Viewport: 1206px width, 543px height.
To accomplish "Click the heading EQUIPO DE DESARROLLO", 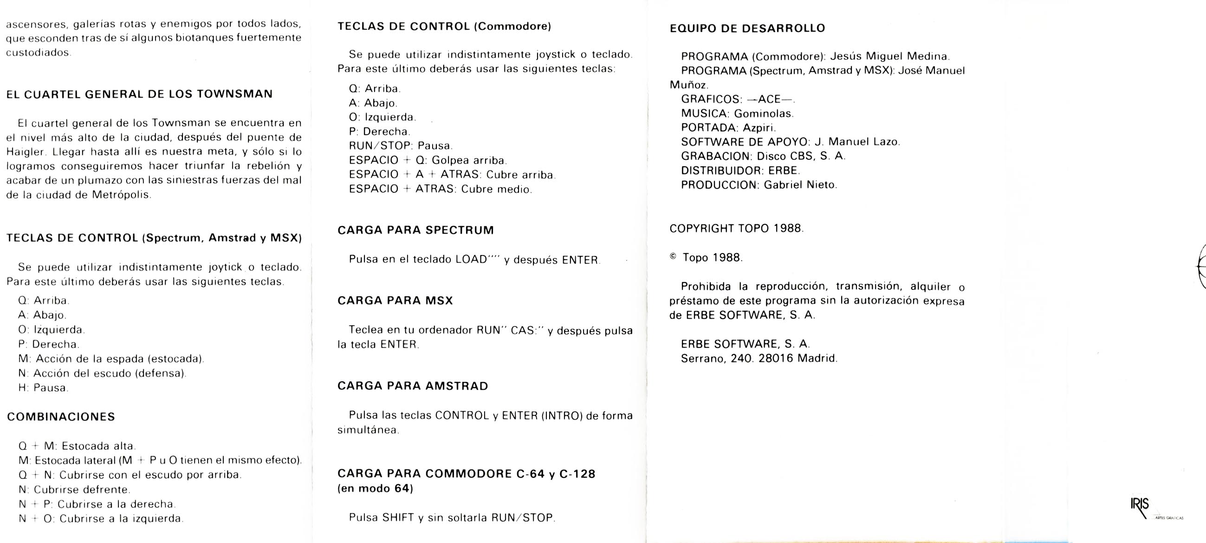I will [x=747, y=28].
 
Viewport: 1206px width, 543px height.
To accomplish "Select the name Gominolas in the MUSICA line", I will [x=763, y=113].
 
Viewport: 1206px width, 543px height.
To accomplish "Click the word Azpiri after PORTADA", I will [x=759, y=127].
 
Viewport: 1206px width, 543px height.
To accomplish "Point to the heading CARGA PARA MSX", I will [x=395, y=301].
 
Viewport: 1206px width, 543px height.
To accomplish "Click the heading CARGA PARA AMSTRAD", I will [x=413, y=386].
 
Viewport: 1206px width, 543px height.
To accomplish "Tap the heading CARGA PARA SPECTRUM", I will [x=415, y=230].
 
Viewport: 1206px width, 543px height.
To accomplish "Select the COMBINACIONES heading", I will [x=61, y=417].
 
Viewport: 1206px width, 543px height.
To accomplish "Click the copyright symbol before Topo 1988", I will [x=673, y=257].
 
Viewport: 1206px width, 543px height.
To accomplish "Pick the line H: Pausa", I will [x=43, y=387].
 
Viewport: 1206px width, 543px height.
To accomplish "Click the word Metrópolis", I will [x=121, y=195].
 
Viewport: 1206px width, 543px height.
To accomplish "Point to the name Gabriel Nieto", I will [x=800, y=184].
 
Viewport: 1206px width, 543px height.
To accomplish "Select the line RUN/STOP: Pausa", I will [x=400, y=146].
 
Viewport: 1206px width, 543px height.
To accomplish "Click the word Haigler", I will [x=26, y=152].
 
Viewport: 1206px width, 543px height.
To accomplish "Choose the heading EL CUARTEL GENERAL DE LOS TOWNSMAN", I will [x=139, y=94].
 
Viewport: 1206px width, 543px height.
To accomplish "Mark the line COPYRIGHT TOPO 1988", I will [x=736, y=228].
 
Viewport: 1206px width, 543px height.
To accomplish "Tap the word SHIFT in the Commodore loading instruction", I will [x=398, y=517].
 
